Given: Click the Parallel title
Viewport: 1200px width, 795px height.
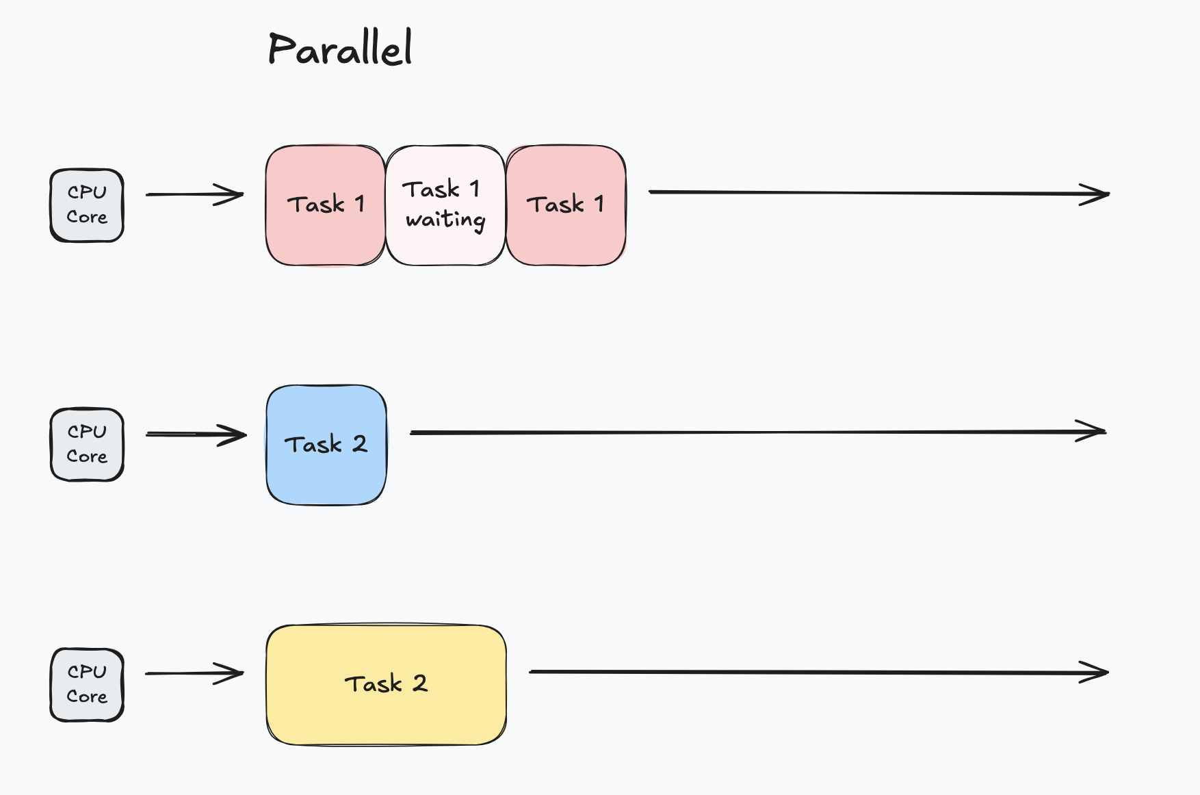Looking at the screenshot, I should (340, 49).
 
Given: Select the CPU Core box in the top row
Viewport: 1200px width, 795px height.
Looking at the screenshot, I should (87, 205).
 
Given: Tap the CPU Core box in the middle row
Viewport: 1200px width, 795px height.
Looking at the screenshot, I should (87, 445).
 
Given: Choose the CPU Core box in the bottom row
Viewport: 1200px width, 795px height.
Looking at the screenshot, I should (87, 685).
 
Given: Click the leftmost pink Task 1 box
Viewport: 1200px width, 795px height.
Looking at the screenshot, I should (326, 205).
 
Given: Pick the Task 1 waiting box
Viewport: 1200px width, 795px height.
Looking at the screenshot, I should (445, 205).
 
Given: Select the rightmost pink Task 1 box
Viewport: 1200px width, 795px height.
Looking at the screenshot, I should (566, 205).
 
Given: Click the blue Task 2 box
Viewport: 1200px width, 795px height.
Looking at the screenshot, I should (326, 445).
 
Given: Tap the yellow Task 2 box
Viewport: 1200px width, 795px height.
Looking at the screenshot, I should (386, 685).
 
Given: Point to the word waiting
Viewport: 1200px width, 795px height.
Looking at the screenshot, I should (445, 220).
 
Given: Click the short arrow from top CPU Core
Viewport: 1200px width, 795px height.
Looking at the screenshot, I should (195, 194).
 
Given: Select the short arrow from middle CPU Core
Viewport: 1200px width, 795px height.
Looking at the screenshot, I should (196, 434).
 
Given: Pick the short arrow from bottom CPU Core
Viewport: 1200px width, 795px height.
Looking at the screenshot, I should (195, 673).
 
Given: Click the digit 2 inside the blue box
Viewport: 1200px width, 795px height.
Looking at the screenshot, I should (360, 444).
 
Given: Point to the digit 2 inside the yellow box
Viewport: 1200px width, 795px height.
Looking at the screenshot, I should (419, 683).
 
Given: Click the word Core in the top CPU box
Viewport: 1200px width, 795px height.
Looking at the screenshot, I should (87, 218).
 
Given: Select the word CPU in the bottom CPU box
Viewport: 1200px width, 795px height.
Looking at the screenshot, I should (87, 672).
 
